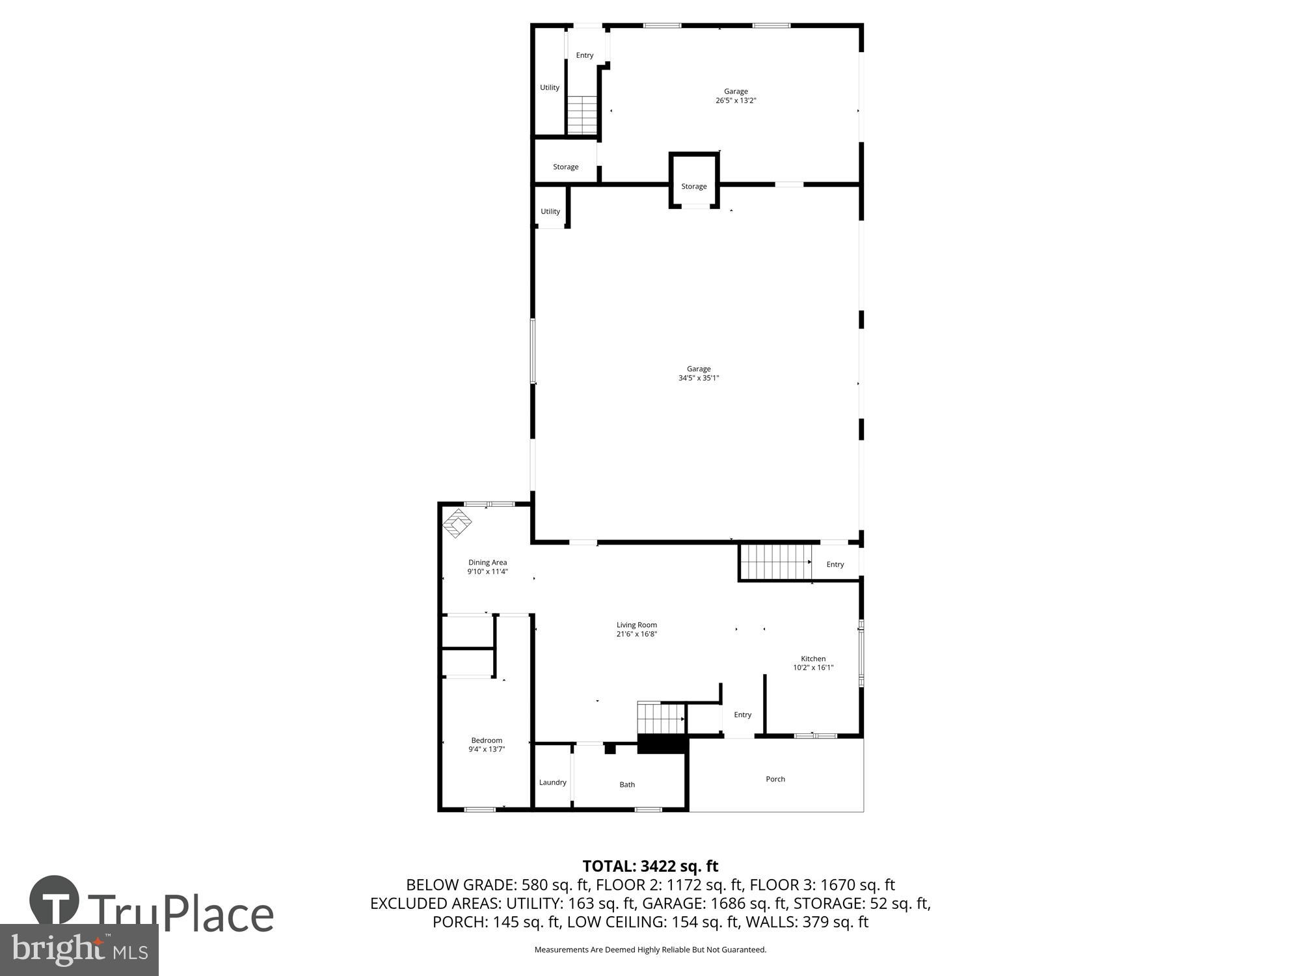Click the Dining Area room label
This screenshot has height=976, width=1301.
click(487, 562)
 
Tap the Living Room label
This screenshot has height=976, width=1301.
click(636, 625)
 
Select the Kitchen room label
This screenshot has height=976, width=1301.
click(812, 658)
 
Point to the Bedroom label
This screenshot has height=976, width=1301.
click(487, 740)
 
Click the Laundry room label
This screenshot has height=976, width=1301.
click(552, 782)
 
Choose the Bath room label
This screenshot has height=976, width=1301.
click(626, 784)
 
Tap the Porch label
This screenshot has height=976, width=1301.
click(775, 779)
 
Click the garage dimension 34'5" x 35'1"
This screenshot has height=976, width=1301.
click(698, 378)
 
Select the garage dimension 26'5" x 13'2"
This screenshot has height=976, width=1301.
click(736, 101)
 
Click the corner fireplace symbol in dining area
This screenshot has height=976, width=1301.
click(457, 523)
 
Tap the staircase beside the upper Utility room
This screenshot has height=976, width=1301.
click(582, 115)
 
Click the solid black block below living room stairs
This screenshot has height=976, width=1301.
click(662, 744)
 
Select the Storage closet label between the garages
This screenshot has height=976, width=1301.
click(693, 186)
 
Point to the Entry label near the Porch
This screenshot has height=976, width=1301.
click(742, 714)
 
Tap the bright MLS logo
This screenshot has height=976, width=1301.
click(79, 950)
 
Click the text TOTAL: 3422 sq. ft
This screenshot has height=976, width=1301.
click(650, 866)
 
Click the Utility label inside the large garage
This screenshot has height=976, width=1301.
click(550, 211)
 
